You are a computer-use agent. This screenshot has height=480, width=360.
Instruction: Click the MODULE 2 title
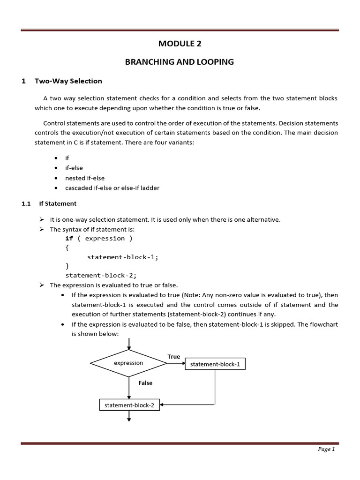[x=180, y=44]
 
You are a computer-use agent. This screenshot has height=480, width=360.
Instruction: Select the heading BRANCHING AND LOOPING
[x=180, y=62]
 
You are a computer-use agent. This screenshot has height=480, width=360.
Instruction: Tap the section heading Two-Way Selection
[x=68, y=81]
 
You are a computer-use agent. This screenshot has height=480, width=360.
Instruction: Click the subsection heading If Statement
[x=58, y=203]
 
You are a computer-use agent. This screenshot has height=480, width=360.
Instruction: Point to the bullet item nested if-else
[x=85, y=178]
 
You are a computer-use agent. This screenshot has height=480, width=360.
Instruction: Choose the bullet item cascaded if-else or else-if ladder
[x=112, y=188]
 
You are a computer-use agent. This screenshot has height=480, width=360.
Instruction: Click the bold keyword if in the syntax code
[x=69, y=238]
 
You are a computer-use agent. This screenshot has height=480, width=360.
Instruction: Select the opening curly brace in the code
[x=67, y=247]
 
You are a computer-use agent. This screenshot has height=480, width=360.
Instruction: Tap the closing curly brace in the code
[x=67, y=266]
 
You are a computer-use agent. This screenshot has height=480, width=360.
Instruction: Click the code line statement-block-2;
[x=101, y=275]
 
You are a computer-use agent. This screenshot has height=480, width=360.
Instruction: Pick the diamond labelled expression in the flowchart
[x=128, y=363]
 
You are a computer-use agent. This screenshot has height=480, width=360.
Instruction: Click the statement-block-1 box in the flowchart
[x=215, y=364]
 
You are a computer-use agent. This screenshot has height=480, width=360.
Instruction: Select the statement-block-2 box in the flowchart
[x=129, y=405]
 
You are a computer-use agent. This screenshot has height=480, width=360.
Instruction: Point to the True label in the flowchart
[x=174, y=357]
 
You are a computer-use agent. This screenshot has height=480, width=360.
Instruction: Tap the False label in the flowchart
[x=145, y=383]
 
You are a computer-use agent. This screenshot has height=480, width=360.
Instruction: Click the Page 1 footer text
[x=326, y=449]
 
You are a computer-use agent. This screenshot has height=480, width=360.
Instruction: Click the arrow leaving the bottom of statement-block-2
[x=129, y=416]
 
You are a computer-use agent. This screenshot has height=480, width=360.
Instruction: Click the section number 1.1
[x=26, y=203]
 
